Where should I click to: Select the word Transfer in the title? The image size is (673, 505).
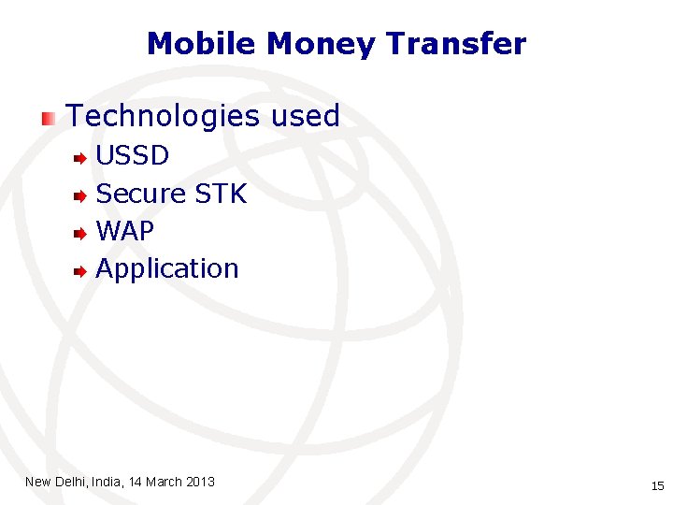point(456,44)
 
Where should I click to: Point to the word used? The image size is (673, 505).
point(306,117)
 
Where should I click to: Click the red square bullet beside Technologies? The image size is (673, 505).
point(48,118)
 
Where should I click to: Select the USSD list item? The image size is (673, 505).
point(133,155)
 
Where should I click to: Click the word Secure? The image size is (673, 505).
point(141,194)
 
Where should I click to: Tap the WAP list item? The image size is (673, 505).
point(125,231)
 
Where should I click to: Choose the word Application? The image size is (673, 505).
point(167,269)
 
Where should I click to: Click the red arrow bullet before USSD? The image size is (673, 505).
point(81,158)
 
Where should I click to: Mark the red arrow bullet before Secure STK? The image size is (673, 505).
point(81,195)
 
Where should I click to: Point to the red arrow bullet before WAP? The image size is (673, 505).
point(81,233)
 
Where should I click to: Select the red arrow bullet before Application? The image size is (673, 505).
point(81,271)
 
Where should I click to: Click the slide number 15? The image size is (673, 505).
point(656,485)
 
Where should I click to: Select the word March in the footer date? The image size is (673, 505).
point(165,482)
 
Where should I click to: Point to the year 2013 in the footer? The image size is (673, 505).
point(201,482)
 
